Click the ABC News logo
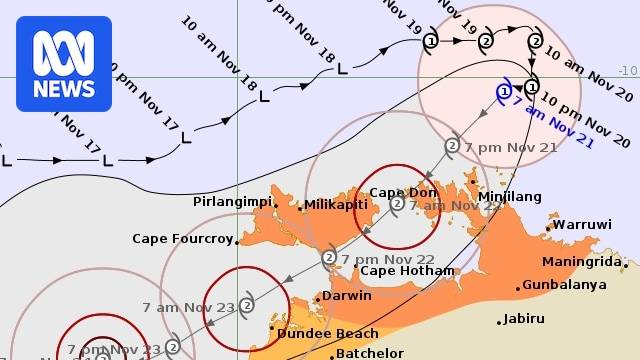[63, 63]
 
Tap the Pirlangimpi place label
[232, 201]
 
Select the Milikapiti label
[335, 204]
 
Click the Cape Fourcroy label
[182, 239]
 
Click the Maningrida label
[584, 262]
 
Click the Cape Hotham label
[406, 270]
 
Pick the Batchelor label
[369, 353]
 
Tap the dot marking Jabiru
[498, 322]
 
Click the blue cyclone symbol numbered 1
[503, 91]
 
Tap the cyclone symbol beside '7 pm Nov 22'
[328, 258]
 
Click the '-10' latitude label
[627, 70]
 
